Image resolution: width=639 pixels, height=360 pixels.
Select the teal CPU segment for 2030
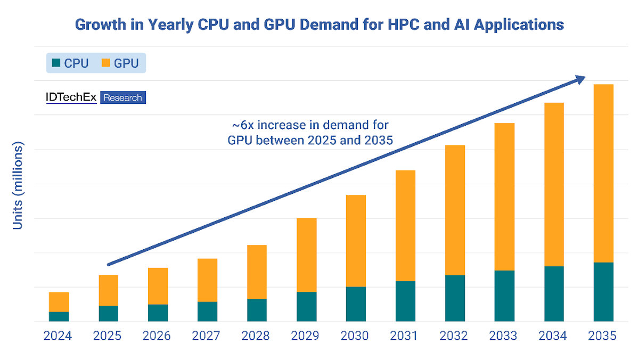coord(356,304)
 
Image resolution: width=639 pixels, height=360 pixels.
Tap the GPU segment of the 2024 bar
coord(59,302)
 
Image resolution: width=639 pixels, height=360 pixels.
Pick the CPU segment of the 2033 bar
coord(504,296)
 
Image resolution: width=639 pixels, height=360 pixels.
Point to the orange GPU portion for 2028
coord(257,272)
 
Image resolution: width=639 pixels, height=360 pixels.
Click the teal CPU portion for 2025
coord(108,313)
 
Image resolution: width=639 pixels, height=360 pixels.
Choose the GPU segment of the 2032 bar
coord(455,210)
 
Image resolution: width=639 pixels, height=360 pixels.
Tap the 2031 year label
coord(405,336)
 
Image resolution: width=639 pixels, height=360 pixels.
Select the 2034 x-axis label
coord(553,336)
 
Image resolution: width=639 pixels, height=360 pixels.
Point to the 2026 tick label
coord(157,336)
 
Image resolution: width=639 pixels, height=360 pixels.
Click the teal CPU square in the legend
coord(56,63)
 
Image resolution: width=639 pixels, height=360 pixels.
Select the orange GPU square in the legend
coord(105,63)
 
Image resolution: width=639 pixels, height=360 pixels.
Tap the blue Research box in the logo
coord(122,97)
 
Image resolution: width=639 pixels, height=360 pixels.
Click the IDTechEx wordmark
coord(71,97)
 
